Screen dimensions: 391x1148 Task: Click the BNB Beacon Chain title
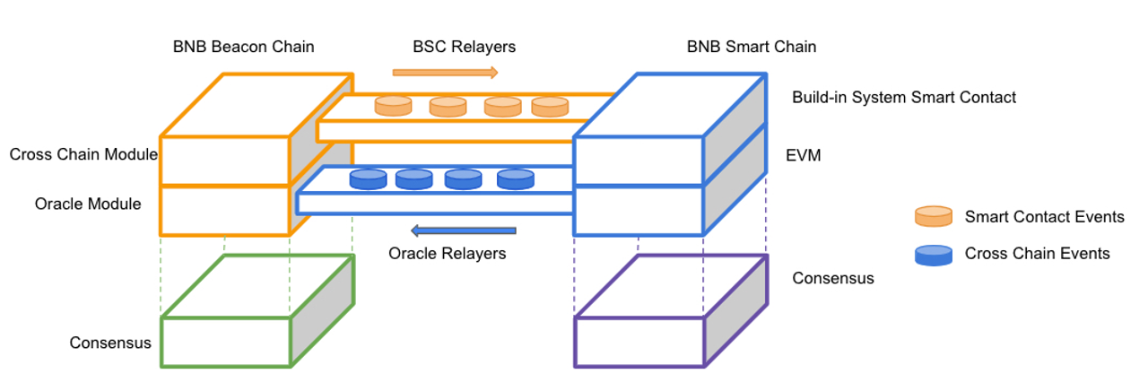(244, 47)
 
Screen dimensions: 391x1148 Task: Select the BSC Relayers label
(464, 47)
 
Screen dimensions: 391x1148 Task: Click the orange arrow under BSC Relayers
(445, 72)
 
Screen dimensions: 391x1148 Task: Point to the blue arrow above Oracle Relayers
(463, 230)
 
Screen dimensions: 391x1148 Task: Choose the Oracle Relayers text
(447, 254)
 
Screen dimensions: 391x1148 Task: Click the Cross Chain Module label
(83, 155)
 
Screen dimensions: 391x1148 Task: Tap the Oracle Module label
(88, 204)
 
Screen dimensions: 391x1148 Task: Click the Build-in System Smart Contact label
(904, 97)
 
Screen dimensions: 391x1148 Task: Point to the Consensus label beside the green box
(110, 343)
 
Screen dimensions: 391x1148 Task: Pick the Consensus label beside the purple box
(832, 278)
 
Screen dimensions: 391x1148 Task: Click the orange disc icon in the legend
(933, 216)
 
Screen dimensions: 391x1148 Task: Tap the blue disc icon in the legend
(933, 255)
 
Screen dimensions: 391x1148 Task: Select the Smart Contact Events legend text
(1044, 217)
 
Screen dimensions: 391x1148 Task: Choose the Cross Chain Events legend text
(1037, 254)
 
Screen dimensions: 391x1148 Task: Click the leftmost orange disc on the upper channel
(393, 106)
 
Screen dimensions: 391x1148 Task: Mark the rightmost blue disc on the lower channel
(516, 178)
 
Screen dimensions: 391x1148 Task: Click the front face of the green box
(226, 342)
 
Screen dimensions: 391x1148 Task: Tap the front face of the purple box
(639, 342)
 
